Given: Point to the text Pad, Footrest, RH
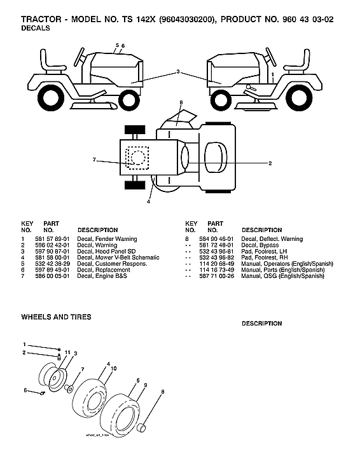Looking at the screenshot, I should coord(264,257).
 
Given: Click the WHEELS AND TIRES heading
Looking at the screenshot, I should coord(56,317).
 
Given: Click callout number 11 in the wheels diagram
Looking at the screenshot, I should coord(67,352).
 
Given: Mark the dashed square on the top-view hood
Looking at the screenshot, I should coord(137,156).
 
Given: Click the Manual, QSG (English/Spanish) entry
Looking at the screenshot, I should coord(283,276).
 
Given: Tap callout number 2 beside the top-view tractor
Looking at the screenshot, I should coord(270,163).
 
